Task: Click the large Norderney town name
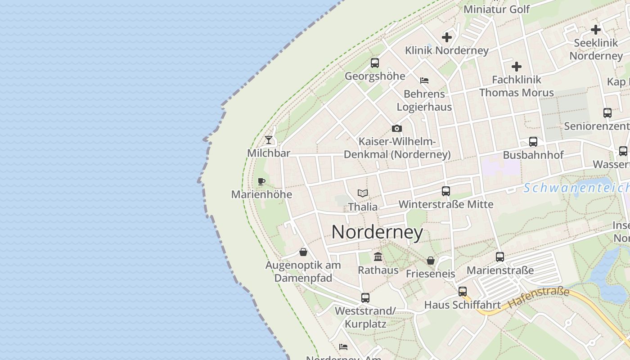pos(377,232)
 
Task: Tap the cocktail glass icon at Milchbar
pos(269,140)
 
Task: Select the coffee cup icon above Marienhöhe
pos(261,182)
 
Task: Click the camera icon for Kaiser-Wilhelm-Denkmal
pos(396,129)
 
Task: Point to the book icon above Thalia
pos(363,193)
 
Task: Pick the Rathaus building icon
pos(378,257)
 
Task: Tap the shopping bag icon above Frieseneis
pos(431,261)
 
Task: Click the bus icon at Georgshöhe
pos(374,63)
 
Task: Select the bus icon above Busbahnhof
pos(533,142)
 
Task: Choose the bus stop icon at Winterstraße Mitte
pos(445,191)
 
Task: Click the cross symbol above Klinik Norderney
pos(447,37)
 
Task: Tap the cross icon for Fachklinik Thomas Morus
pos(517,67)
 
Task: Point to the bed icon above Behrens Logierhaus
pos(424,81)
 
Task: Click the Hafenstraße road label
pos(539,298)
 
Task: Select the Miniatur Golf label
pos(496,9)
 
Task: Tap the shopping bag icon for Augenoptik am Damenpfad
pos(303,252)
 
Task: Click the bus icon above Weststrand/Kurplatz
pos(365,298)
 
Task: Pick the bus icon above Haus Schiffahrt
pos(462,292)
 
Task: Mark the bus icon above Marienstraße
pos(499,257)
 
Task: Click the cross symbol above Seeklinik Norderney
pos(596,30)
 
